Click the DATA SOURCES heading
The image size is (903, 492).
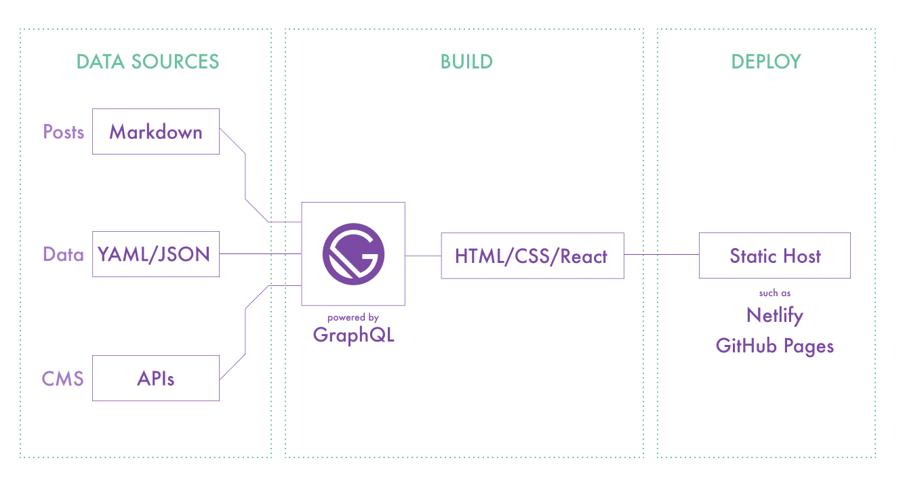pos(148,62)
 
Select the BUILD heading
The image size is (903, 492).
pos(466,62)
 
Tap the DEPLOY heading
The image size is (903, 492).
pos(766,62)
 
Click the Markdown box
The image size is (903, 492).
pos(156,131)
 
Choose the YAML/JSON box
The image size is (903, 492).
pos(156,254)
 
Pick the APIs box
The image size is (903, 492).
pos(156,377)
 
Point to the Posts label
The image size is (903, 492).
pos(64,131)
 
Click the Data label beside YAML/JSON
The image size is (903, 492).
pos(64,254)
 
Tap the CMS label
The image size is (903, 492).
pos(63,377)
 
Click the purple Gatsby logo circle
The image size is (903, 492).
pos(353,254)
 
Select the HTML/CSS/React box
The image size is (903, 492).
pos(532,255)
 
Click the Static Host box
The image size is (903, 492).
pos(775,255)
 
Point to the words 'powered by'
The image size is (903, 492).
pos(353,317)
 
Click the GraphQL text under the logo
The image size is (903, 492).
pos(353,335)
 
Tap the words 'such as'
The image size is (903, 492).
pos(775,293)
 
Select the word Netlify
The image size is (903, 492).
pos(775,315)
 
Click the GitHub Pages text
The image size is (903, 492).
pos(775,346)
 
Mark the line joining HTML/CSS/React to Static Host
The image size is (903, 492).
pos(661,255)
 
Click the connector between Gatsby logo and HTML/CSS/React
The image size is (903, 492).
pos(423,255)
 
